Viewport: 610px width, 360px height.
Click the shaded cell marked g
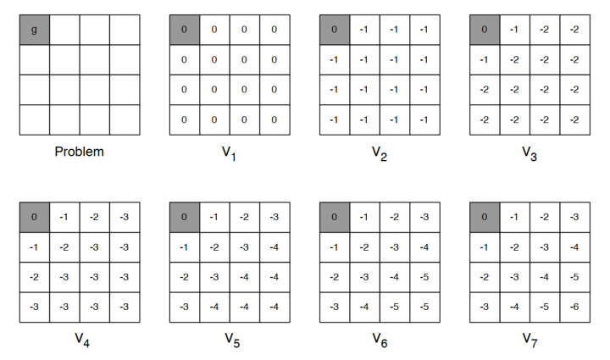click(x=35, y=30)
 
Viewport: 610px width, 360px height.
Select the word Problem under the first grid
click(x=80, y=152)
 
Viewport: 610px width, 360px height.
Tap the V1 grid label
click(x=229, y=153)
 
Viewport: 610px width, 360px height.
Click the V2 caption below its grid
click(x=380, y=153)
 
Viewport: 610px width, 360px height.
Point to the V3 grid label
click(x=530, y=153)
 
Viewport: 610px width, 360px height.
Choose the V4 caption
click(x=82, y=340)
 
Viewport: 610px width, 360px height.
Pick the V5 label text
click(x=232, y=340)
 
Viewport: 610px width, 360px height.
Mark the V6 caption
click(x=380, y=340)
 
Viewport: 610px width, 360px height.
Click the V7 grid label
click(x=530, y=340)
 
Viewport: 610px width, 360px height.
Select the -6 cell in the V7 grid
click(x=575, y=307)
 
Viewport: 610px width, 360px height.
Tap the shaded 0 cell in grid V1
click(x=185, y=30)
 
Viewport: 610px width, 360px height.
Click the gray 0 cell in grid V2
click(x=335, y=30)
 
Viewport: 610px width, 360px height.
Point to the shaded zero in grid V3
click(x=485, y=30)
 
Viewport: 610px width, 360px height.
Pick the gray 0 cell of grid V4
click(x=35, y=218)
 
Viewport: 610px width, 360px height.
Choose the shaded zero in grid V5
click(x=185, y=218)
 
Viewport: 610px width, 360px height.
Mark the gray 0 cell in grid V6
click(x=335, y=218)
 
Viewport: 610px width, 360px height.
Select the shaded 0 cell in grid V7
click(x=485, y=218)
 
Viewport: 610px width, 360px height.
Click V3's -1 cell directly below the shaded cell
click(x=485, y=60)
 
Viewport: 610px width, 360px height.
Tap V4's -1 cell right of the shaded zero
click(x=64, y=218)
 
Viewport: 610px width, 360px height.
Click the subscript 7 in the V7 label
click(x=535, y=343)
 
